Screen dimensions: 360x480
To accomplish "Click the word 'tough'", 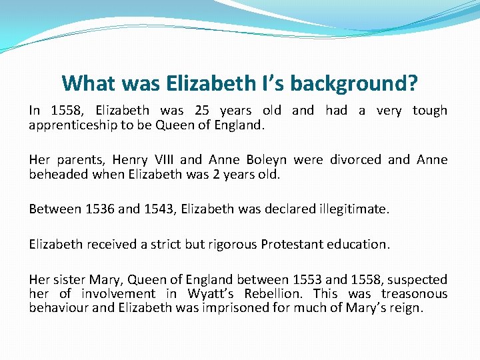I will tap(429, 111).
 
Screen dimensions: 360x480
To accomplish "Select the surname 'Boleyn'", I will tap(267, 160).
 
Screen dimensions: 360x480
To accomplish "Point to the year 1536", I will tap(100, 209).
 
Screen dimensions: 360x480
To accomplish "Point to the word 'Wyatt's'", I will tap(211, 294).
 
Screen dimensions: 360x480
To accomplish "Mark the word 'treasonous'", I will tap(414, 294).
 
